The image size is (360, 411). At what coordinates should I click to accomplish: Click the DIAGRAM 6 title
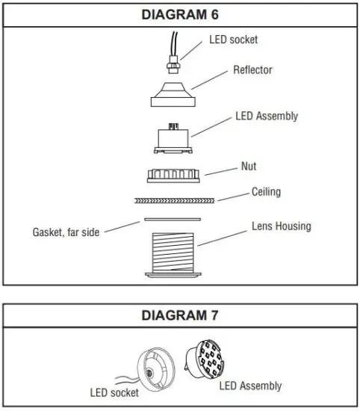(x=179, y=13)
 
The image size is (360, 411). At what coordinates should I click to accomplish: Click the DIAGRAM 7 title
(x=179, y=315)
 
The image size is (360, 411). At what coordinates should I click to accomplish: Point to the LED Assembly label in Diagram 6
(x=266, y=116)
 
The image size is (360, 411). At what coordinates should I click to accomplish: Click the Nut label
(x=249, y=167)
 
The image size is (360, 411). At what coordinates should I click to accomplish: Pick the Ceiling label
(x=266, y=192)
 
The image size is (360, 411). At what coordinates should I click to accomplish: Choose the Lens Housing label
(x=281, y=226)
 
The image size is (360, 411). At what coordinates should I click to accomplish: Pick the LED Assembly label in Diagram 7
(x=250, y=386)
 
